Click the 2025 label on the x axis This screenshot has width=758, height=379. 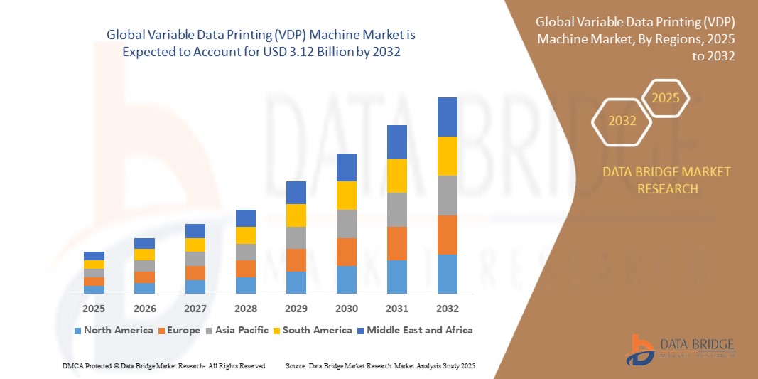pyautogui.click(x=94, y=309)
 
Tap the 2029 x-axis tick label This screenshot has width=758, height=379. pyautogui.click(x=296, y=309)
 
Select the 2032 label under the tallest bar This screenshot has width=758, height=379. pyautogui.click(x=447, y=309)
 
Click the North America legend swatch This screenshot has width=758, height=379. pyautogui.click(x=77, y=331)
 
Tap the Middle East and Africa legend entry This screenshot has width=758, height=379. pyautogui.click(x=415, y=330)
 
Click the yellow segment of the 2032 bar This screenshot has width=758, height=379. pyautogui.click(x=447, y=156)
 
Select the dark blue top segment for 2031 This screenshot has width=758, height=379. pyautogui.click(x=396, y=142)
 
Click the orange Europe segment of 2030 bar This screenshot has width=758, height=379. pyautogui.click(x=346, y=252)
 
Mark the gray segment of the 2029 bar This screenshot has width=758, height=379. pyautogui.click(x=296, y=237)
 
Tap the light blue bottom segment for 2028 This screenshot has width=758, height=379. pyautogui.click(x=245, y=285)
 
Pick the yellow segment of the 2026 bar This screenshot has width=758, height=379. pyautogui.click(x=144, y=255)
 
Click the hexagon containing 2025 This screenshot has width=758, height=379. pyautogui.click(x=665, y=98)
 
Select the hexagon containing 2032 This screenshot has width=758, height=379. pyautogui.click(x=622, y=121)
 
